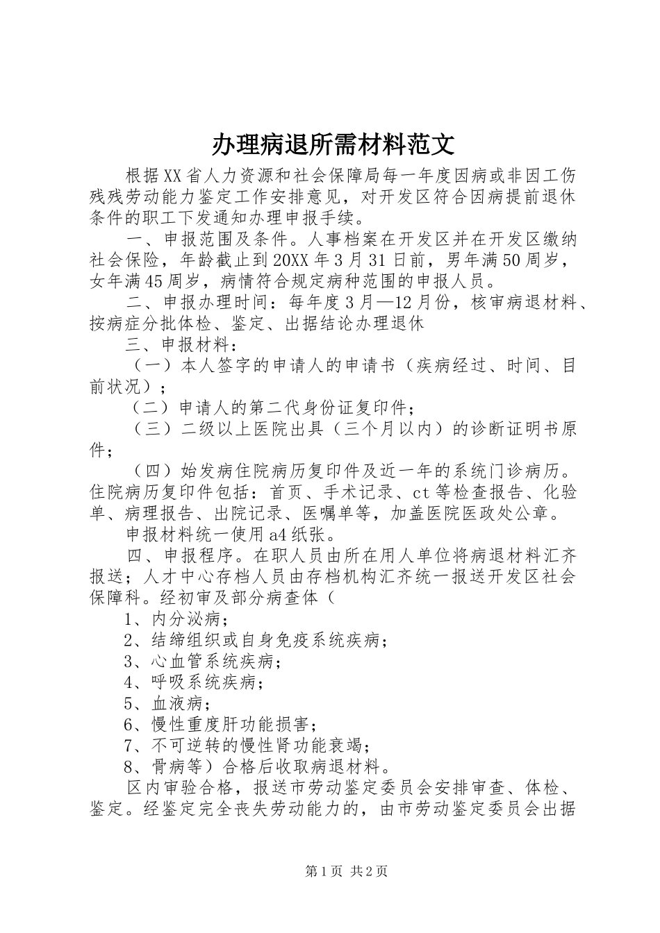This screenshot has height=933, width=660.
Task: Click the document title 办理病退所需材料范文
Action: click(x=333, y=144)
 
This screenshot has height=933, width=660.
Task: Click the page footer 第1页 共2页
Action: click(x=345, y=872)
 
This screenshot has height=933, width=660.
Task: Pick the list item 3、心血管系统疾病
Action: click(x=202, y=662)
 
